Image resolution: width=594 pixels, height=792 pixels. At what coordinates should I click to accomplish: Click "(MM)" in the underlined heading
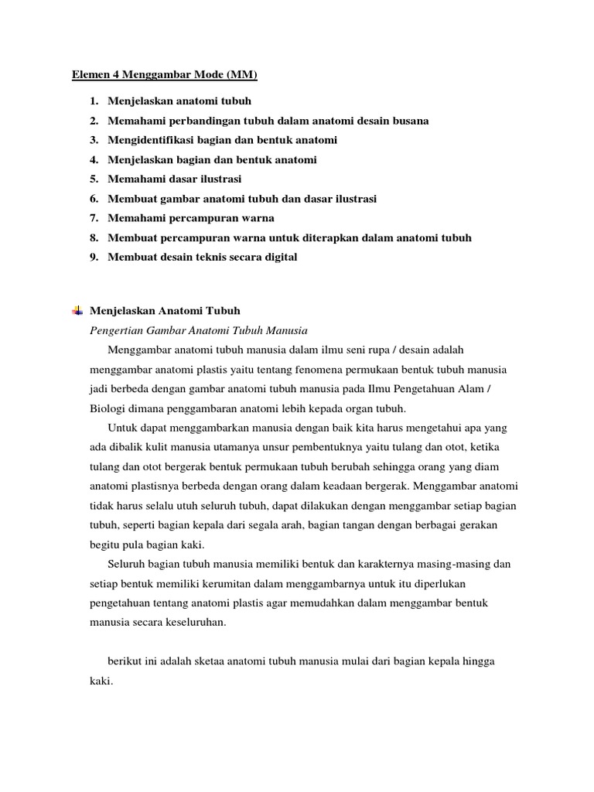pos(241,75)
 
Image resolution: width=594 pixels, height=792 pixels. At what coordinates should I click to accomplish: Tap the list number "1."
pos(94,101)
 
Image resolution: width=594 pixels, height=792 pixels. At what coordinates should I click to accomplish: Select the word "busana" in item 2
pos(409,121)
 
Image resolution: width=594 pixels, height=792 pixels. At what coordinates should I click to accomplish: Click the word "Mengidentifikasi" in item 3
pos(151,140)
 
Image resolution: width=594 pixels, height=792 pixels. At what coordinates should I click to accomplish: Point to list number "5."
pos(94,179)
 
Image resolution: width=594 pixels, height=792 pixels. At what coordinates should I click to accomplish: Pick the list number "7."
pos(94,218)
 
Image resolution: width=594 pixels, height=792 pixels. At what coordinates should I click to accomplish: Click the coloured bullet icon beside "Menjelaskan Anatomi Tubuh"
pos(77,311)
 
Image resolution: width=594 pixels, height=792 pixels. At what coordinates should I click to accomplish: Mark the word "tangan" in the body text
pos(357,525)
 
